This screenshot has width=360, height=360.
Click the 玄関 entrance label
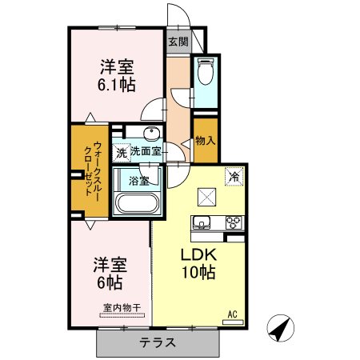[178, 42]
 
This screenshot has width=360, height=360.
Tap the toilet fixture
[206, 71]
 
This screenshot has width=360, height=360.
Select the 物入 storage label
[205, 141]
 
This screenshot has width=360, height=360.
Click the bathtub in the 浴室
[138, 203]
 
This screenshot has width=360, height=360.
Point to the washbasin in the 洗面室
[152, 134]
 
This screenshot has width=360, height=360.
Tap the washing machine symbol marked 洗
[122, 153]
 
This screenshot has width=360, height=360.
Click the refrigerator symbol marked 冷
[234, 176]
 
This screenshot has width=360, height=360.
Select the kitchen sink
[202, 222]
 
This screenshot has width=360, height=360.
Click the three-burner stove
[234, 222]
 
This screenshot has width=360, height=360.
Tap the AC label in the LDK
[232, 314]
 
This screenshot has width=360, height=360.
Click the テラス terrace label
[158, 342]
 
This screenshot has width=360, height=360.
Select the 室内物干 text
[122, 308]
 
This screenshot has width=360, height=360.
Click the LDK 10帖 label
[198, 263]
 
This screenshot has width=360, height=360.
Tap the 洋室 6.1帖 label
[117, 75]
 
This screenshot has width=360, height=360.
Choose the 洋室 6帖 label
[110, 273]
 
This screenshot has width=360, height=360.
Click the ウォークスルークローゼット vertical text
[92, 169]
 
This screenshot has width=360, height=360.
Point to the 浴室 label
[138, 181]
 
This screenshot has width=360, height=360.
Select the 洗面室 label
[146, 151]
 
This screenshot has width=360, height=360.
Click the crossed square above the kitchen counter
[206, 197]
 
